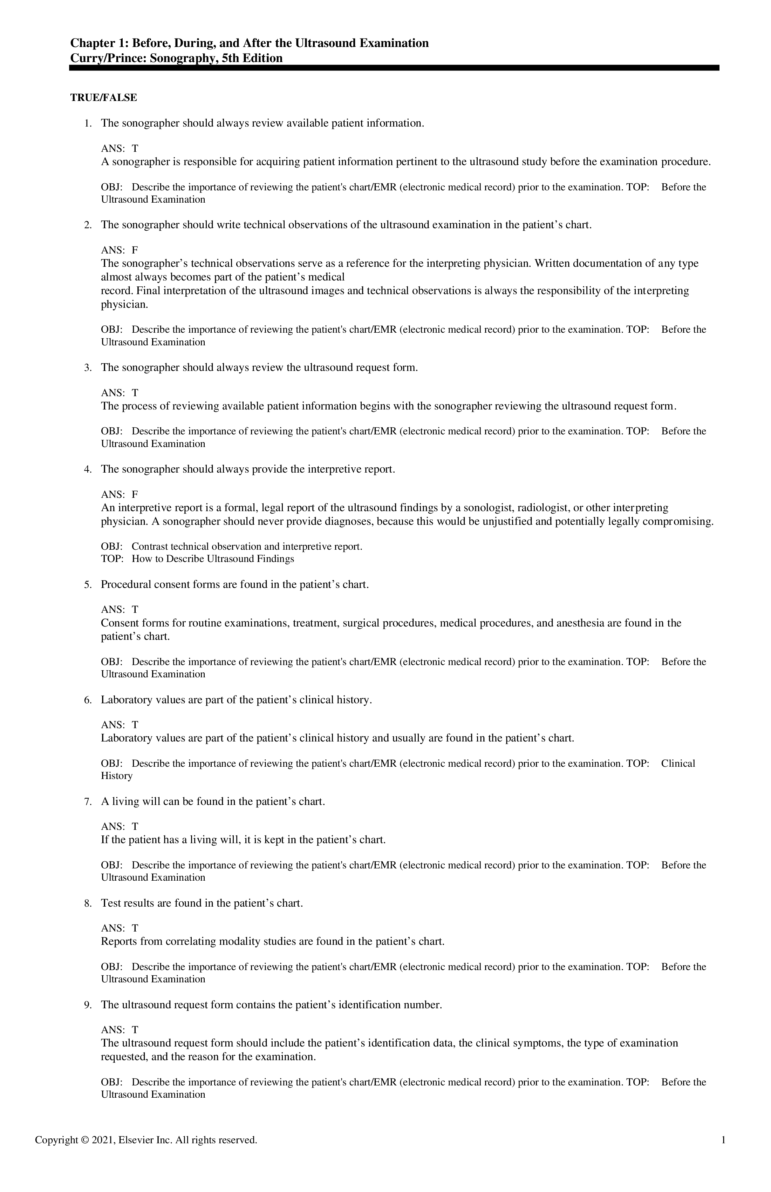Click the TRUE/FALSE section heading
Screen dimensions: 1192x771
pos(104,98)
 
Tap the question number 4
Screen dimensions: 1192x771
pos(88,469)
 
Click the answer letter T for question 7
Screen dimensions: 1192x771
pos(135,826)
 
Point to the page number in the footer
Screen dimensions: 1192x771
pos(723,1140)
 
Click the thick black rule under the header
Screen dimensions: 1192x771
pos(394,68)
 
